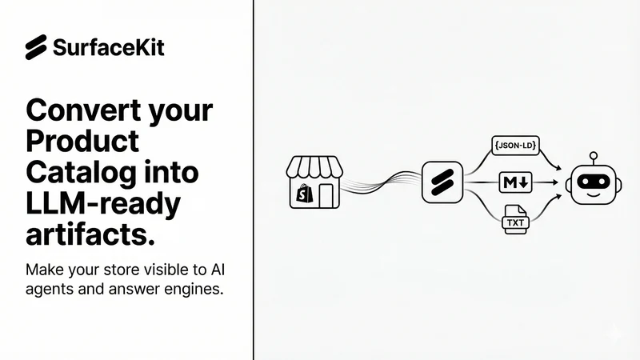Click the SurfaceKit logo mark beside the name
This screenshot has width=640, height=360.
[x=36, y=47]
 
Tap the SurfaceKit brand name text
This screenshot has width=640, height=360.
[x=109, y=47]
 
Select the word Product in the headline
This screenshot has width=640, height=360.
[x=82, y=141]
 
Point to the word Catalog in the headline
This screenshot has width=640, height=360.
[x=82, y=172]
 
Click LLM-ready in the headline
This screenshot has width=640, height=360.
[x=103, y=204]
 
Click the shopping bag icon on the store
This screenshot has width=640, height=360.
[x=304, y=194]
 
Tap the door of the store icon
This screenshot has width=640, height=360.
[x=326, y=195]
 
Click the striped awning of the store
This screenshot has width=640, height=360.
[x=314, y=166]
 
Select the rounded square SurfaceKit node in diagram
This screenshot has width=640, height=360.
[x=442, y=182]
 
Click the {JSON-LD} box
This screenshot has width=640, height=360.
[x=515, y=146]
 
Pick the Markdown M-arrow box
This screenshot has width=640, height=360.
[x=515, y=182]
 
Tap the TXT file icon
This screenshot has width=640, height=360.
[x=515, y=219]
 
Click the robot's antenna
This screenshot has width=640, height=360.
[x=594, y=158]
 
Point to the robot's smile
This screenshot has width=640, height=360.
[x=594, y=194]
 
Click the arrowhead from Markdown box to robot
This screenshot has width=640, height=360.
[x=554, y=182]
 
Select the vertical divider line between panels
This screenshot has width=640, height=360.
[x=253, y=180]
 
